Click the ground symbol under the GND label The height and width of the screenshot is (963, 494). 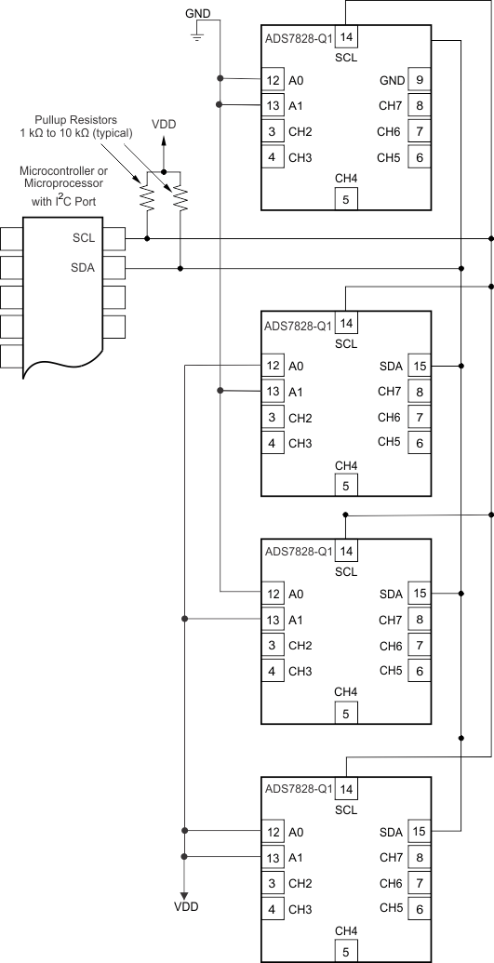[x=197, y=35]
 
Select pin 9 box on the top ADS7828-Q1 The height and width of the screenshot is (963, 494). [x=420, y=81]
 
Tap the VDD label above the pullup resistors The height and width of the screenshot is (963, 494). [x=164, y=124]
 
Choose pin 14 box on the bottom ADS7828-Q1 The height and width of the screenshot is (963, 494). [x=346, y=789]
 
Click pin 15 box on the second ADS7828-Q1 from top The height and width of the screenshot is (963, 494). [x=420, y=367]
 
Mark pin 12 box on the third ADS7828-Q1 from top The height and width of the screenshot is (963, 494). [x=273, y=594]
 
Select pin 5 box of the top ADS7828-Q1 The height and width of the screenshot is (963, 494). [x=346, y=198]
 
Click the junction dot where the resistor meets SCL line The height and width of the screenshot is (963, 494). [x=147, y=239]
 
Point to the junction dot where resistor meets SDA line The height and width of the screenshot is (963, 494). [x=180, y=269]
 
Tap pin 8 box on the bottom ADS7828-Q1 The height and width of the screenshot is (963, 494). [x=420, y=857]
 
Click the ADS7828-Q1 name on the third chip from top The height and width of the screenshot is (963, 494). [x=298, y=551]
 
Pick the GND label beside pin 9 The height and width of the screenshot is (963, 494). [x=392, y=81]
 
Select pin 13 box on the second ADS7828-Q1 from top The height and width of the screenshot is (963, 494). [x=273, y=392]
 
